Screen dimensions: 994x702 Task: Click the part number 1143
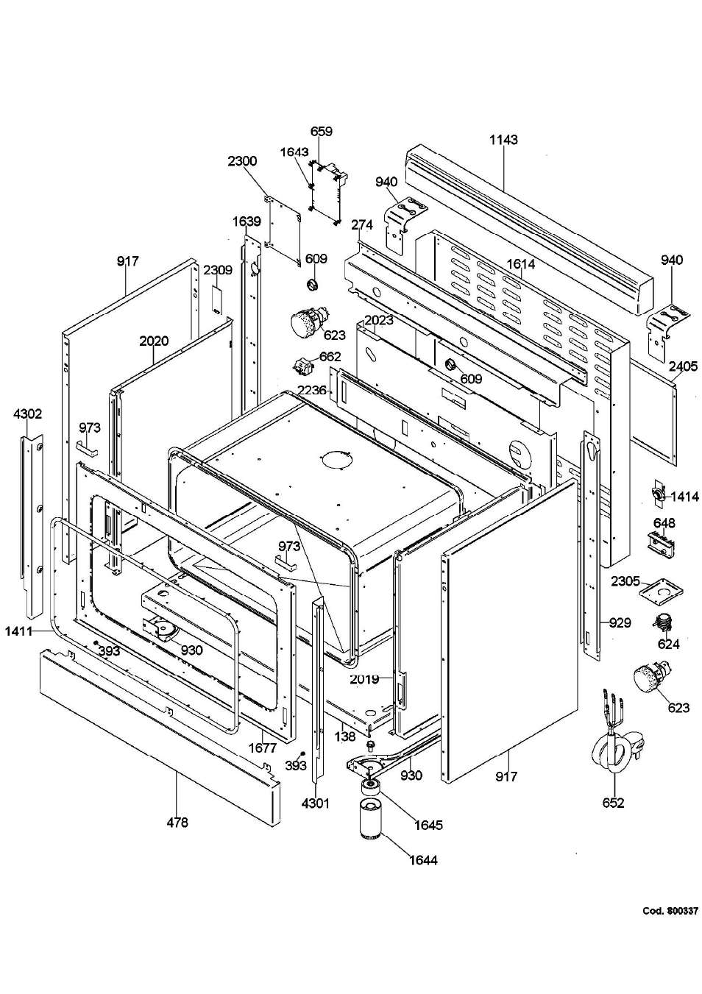(504, 140)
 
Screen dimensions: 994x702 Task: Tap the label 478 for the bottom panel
(177, 822)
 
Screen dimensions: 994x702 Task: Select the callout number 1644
(423, 859)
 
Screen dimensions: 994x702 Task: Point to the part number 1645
(428, 825)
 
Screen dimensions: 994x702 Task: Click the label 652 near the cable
(613, 803)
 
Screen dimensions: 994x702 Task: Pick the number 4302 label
(28, 414)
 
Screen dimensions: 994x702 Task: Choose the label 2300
(242, 161)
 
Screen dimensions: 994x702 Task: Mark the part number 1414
(684, 497)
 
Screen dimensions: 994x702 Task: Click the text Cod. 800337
(670, 911)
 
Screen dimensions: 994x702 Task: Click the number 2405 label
(683, 366)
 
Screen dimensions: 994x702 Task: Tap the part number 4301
(315, 803)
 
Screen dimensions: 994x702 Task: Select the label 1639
(247, 221)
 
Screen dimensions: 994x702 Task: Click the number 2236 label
(311, 390)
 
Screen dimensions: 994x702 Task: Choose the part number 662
(330, 357)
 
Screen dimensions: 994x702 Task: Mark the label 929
(620, 623)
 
